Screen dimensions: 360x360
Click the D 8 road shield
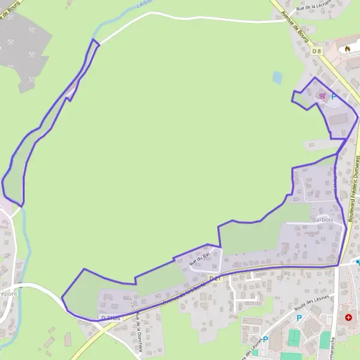click(x=317, y=52)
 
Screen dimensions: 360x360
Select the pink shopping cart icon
click(x=322, y=95)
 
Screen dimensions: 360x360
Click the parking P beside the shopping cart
click(x=334, y=96)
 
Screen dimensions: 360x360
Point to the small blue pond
click(x=277, y=77)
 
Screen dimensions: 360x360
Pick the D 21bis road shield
click(x=110, y=317)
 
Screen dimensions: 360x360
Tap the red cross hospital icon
click(x=348, y=316)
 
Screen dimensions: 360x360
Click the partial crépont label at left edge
click(x=8, y=294)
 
